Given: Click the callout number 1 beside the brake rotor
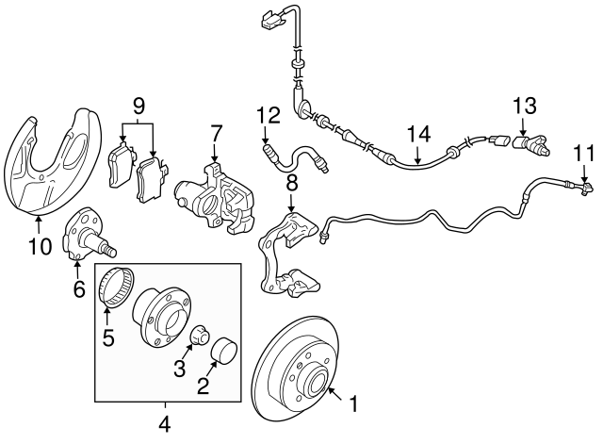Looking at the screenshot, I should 354,405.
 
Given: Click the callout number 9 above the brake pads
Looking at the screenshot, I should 138,105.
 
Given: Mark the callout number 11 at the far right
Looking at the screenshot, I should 584,151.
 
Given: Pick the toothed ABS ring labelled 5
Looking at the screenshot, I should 113,287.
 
